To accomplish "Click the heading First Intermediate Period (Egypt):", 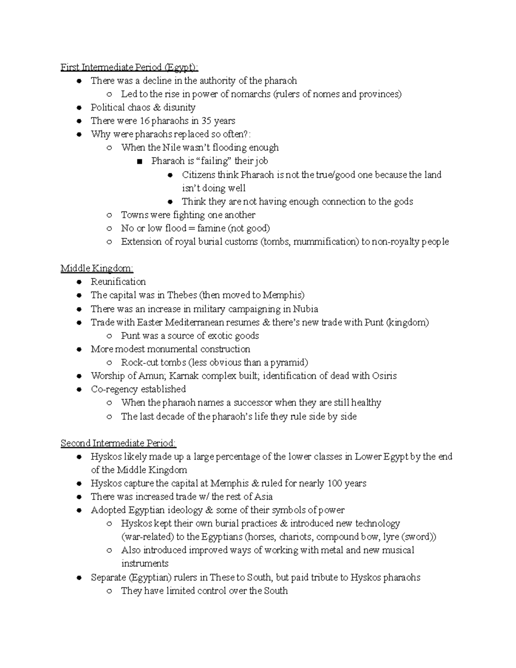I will point(129,68).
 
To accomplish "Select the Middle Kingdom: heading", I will point(97,269).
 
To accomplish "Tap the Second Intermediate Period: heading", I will point(118,443).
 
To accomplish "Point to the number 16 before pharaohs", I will point(144,121).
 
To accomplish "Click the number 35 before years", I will point(206,121).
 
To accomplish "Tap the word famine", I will point(212,228).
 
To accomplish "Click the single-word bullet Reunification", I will point(118,282).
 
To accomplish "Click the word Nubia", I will point(305,309).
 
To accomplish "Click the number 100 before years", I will point(335,483).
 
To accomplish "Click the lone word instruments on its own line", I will point(145,564).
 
